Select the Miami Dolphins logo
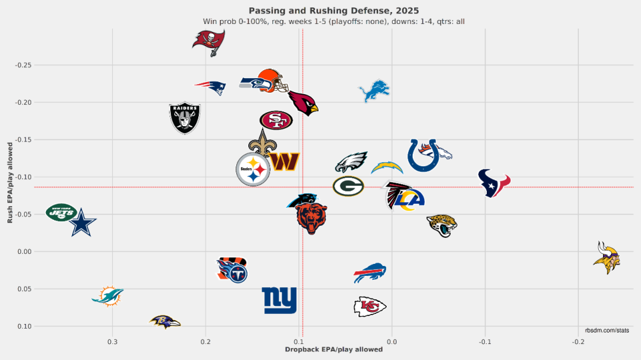(107, 296)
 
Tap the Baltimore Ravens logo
(165, 322)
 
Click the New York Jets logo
(61, 212)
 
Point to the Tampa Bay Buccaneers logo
(208, 40)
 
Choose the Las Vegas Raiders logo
(185, 118)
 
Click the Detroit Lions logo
(374, 92)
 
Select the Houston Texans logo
(494, 183)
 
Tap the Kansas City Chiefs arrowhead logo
(370, 307)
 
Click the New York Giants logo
(279, 301)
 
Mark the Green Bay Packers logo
(348, 186)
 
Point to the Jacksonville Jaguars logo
(442, 226)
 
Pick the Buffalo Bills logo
(370, 273)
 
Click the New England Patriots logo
(211, 87)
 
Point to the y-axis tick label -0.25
(24, 65)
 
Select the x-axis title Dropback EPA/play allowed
(334, 350)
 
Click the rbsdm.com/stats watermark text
(607, 331)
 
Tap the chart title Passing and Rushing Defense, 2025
(334, 10)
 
